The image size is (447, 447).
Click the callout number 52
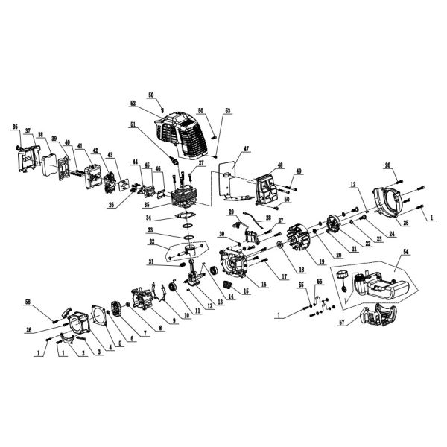tap(133, 104)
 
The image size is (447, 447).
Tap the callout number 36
tap(14, 127)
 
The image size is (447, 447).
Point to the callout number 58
tap(48, 302)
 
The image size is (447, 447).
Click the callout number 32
tap(153, 241)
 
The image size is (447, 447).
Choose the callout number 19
tap(301, 262)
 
